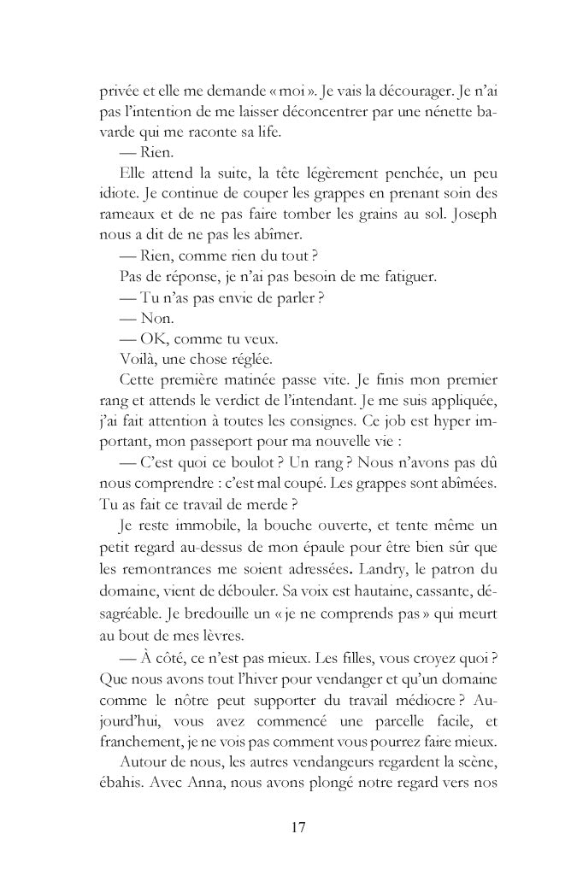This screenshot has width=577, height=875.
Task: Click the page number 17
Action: [298, 827]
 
